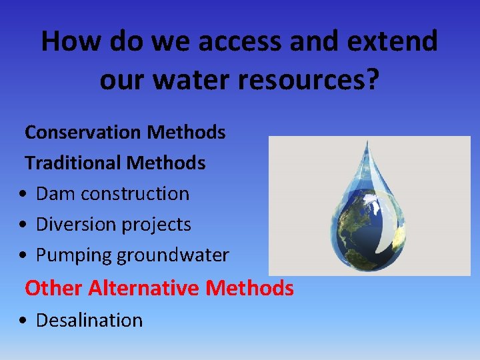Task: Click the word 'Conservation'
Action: coord(83,132)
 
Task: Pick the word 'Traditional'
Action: coord(74,163)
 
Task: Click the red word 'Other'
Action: coord(54,288)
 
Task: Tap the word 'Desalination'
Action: coord(89,320)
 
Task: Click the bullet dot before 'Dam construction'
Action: coord(23,194)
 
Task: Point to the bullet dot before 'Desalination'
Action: coord(23,321)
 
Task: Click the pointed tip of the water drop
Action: coord(365,142)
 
